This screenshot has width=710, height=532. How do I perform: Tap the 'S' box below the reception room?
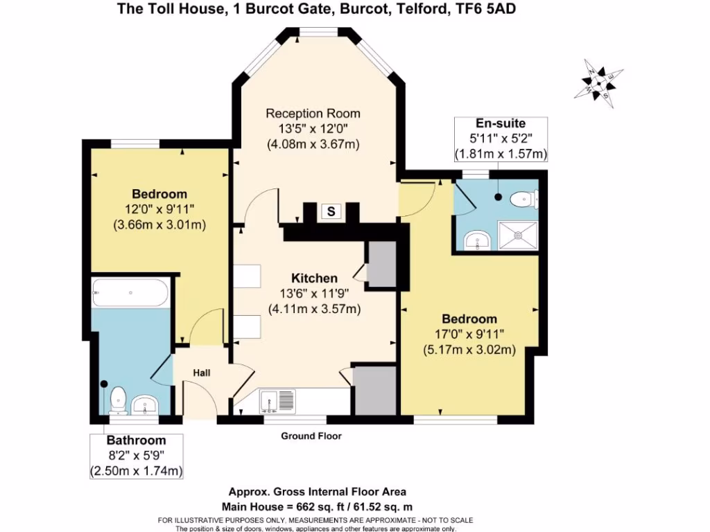331,212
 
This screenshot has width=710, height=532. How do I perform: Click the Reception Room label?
313,114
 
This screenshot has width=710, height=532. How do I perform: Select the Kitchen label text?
314,278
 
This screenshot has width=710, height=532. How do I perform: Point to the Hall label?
202,373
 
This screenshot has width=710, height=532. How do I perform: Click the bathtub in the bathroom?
130,293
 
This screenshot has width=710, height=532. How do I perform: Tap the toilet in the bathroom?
118,399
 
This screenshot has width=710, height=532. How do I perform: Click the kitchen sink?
277,400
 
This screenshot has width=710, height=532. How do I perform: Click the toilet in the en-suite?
523,199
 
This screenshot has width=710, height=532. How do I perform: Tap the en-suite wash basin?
478,240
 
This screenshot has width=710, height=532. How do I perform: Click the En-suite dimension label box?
501,139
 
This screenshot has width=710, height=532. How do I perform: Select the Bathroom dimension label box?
136,456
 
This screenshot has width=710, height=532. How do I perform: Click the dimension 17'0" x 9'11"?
469,335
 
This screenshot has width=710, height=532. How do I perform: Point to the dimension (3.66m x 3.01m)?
159,224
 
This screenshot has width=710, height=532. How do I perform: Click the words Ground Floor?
311,436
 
